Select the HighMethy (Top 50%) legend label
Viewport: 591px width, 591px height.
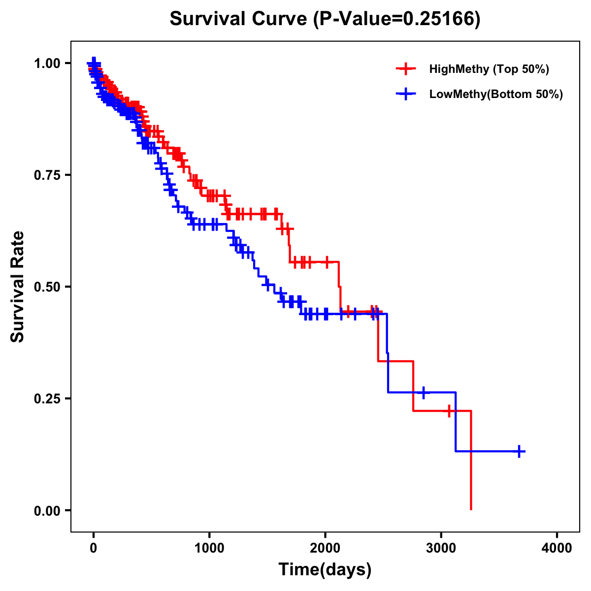coord(489,69)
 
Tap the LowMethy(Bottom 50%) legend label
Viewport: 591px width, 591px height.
coord(496,94)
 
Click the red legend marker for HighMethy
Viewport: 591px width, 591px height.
coord(406,69)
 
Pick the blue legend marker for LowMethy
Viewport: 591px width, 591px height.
coord(406,94)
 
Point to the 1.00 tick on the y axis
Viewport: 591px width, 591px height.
coord(47,64)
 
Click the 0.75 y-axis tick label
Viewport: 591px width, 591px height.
coord(47,175)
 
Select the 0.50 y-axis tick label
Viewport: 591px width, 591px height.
coord(47,287)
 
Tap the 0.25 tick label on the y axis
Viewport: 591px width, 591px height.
coord(47,399)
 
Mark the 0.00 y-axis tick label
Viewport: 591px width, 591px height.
coord(47,511)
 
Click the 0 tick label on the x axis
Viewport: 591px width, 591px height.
coord(94,548)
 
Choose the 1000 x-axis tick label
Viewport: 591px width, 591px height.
coord(209,548)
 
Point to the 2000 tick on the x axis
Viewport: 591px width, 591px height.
coord(325,548)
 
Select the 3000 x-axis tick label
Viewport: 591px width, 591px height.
coord(441,548)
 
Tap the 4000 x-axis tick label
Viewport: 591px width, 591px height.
coord(557,548)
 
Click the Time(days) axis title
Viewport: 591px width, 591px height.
coord(325,570)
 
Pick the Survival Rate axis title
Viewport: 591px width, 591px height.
coord(18,287)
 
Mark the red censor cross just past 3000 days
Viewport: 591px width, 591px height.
coord(449,411)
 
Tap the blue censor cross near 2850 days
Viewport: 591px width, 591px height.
coord(423,393)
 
